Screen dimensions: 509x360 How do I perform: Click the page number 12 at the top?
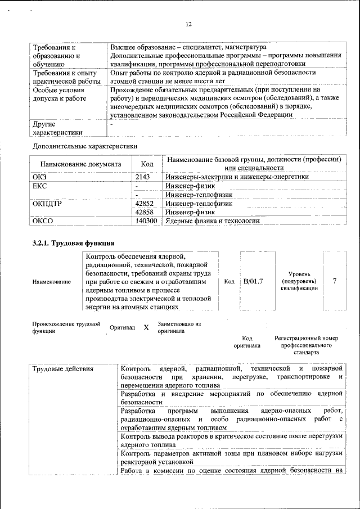188,24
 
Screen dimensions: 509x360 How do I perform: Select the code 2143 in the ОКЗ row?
143,176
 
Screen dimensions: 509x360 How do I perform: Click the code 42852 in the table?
145,203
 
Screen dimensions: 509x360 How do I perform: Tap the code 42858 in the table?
145,212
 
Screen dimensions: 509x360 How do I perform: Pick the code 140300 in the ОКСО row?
146,221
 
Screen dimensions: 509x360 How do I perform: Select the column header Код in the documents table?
147,164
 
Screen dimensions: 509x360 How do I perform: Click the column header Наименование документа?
80,164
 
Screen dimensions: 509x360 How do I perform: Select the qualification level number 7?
335,281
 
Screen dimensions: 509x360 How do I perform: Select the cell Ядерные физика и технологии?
213,221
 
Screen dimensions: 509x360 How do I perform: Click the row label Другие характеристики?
57,128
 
